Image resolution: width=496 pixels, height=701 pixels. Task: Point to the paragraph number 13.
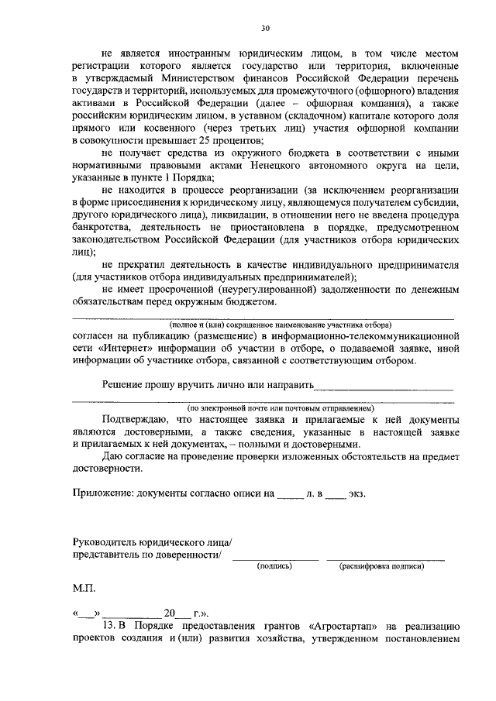tap(108, 626)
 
